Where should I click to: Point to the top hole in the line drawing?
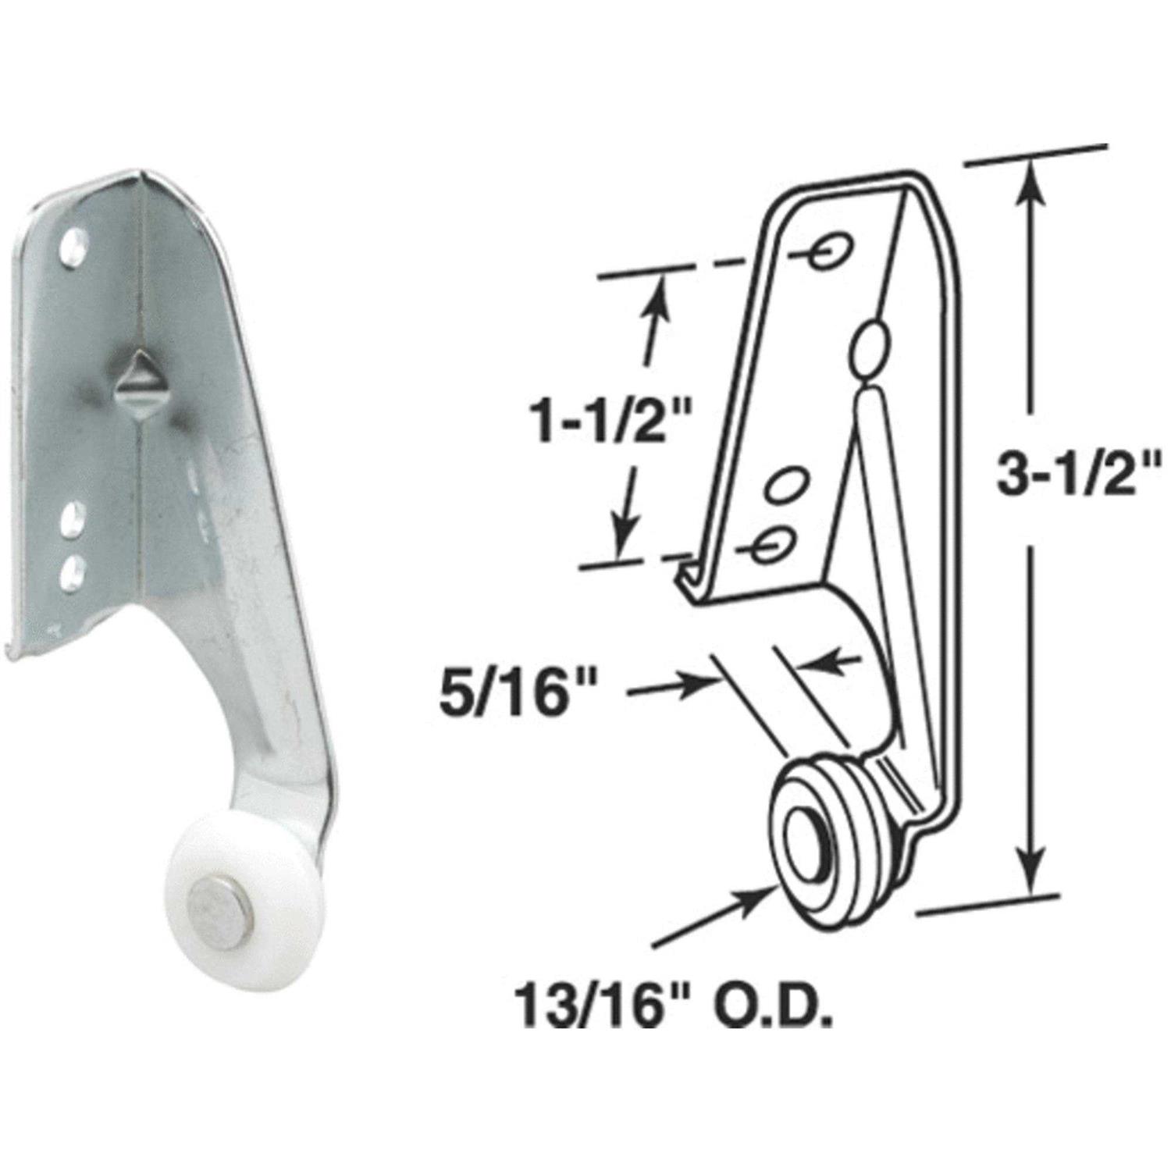(x=828, y=251)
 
